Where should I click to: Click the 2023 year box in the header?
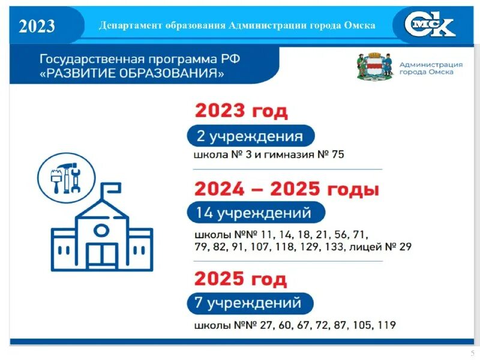coord(37,26)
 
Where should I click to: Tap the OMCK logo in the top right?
coord(430,25)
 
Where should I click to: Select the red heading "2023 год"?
coord(241,111)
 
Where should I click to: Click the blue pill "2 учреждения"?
coord(250,136)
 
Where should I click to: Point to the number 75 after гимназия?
coord(338,155)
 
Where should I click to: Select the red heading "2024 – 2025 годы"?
coord(287,189)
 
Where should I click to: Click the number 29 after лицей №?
coord(405,247)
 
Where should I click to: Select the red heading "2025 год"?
coord(241,279)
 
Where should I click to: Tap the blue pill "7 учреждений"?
coord(249,303)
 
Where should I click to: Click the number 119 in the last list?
coord(387,326)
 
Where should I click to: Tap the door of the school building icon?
coord(101,255)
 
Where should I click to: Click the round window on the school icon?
coord(101,230)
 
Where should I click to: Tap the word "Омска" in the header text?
coord(362,26)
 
